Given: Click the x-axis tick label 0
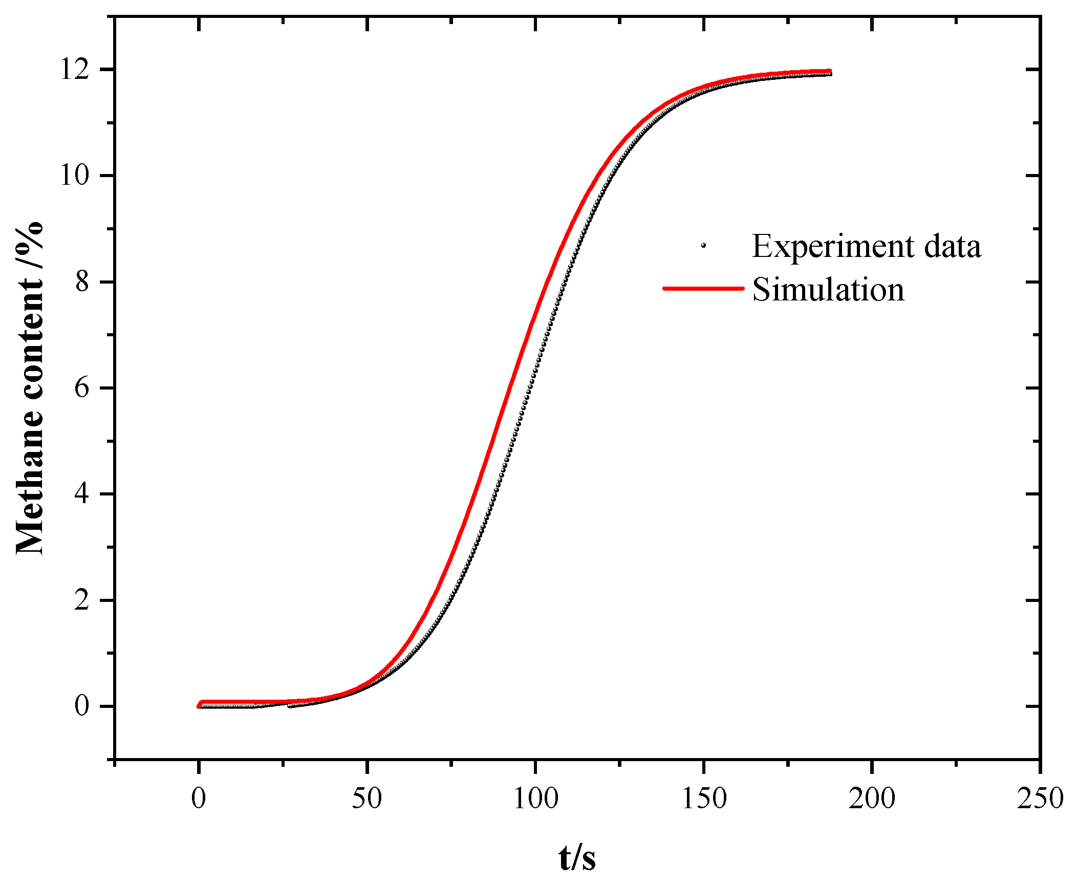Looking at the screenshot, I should [x=199, y=798].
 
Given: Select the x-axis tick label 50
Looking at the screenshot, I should [x=366, y=798].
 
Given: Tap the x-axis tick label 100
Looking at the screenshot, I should [x=535, y=798].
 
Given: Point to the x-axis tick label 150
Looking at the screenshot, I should [x=704, y=798].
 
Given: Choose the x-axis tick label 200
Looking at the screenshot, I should [x=872, y=798].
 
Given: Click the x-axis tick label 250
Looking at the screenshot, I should [x=1040, y=798].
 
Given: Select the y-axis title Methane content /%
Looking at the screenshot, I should [x=30, y=388].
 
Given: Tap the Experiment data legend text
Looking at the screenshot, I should [x=866, y=246].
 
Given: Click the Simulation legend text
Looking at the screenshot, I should [x=828, y=290].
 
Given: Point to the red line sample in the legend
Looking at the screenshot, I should [x=703, y=288].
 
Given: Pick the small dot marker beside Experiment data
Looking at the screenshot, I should [x=703, y=246].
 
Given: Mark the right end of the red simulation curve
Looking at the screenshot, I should [x=829, y=72].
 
